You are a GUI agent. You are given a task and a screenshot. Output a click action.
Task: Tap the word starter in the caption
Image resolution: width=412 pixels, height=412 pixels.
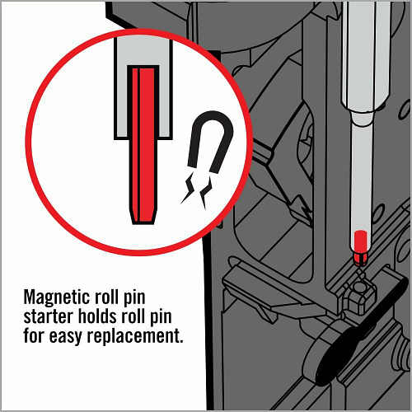(x=48, y=317)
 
